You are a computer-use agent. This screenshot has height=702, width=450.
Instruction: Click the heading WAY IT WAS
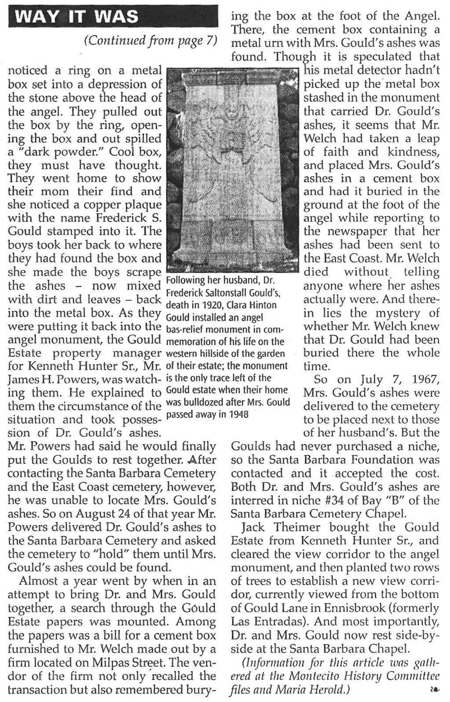pyautogui.click(x=77, y=17)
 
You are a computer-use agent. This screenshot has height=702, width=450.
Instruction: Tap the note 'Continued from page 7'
pyautogui.click(x=151, y=41)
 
